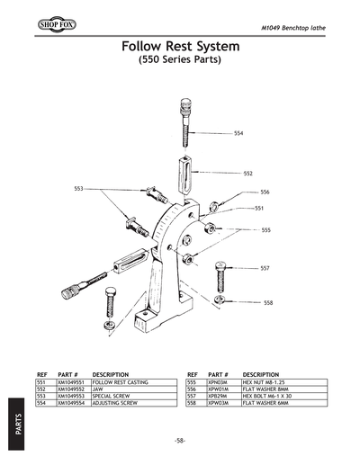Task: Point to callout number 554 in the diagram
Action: point(238,133)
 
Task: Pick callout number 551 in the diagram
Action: point(258,208)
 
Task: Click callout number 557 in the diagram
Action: point(265,269)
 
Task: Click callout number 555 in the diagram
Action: point(265,230)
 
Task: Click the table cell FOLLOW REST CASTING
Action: point(121,382)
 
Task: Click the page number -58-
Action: point(180,441)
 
